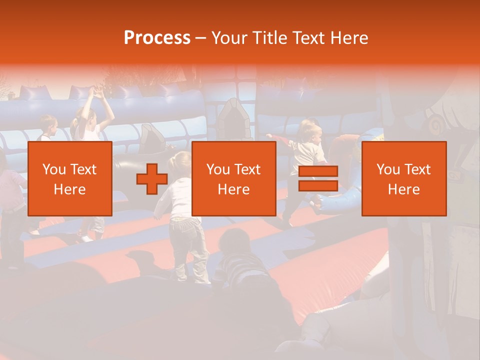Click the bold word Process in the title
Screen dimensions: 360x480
point(157,37)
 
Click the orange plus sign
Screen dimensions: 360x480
point(152,179)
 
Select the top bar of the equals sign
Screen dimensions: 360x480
point(318,171)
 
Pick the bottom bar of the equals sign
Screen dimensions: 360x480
point(318,186)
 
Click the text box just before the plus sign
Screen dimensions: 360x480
point(69,179)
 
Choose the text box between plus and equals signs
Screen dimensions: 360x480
point(233,179)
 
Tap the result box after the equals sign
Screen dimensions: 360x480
point(403,179)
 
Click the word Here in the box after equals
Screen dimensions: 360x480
point(403,189)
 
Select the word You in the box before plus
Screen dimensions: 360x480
point(54,169)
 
